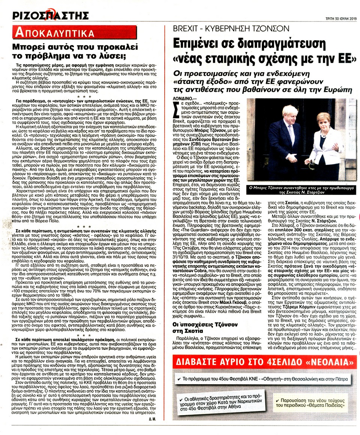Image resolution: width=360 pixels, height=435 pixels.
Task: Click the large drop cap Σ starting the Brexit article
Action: pyautogui.click(x=174, y=110)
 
